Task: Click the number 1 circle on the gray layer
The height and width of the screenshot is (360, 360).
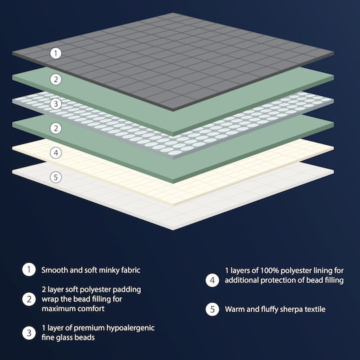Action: pyautogui.click(x=56, y=53)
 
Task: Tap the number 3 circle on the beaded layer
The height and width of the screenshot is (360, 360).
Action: pyautogui.click(x=56, y=104)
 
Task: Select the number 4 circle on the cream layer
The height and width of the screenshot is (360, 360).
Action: pyautogui.click(x=56, y=153)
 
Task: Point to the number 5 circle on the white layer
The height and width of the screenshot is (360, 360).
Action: pyautogui.click(x=56, y=177)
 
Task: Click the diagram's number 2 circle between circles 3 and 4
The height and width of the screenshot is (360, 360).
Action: pyautogui.click(x=56, y=129)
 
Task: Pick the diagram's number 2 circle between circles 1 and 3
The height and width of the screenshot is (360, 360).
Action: pyautogui.click(x=56, y=79)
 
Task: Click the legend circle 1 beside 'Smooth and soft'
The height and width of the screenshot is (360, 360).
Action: pyautogui.click(x=29, y=269)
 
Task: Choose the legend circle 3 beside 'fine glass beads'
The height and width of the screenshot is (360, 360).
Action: pyautogui.click(x=29, y=333)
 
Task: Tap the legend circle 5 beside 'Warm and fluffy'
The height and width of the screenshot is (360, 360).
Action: pyautogui.click(x=213, y=309)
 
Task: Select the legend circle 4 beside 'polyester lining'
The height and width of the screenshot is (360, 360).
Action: pyautogui.click(x=213, y=280)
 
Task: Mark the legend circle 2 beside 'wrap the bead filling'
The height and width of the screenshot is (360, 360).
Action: pyautogui.click(x=29, y=299)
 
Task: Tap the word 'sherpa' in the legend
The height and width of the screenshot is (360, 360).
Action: pyautogui.click(x=289, y=309)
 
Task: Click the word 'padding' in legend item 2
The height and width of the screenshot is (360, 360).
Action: pyautogui.click(x=127, y=290)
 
